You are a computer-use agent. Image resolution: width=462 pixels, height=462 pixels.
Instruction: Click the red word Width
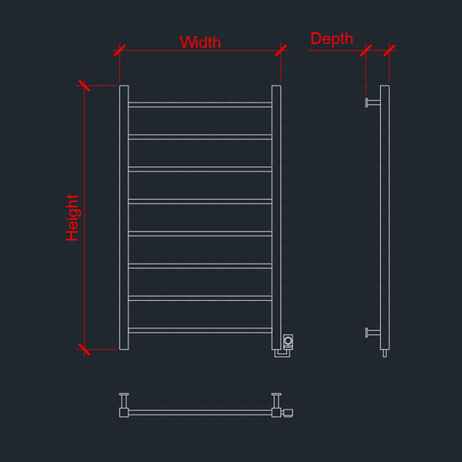click(200, 42)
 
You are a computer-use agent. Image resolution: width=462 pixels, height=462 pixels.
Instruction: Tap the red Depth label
click(332, 39)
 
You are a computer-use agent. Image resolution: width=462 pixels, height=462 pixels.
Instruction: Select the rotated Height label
click(72, 217)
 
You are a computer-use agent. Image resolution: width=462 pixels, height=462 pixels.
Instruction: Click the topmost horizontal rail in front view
click(200, 104)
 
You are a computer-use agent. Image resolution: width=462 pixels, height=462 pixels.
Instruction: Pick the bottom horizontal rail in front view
click(200, 330)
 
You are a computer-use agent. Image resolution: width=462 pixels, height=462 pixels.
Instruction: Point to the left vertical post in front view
click(124, 218)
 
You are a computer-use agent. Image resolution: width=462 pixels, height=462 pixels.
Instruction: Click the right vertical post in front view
click(277, 218)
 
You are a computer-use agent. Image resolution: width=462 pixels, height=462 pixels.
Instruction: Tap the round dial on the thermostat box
click(288, 340)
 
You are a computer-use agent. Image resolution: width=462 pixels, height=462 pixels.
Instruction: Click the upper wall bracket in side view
click(372, 103)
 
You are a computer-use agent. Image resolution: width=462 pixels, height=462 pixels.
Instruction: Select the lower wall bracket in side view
click(372, 333)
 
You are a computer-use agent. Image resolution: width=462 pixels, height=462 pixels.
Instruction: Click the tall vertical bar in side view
click(384, 218)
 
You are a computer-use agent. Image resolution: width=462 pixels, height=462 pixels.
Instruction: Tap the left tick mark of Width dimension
click(119, 50)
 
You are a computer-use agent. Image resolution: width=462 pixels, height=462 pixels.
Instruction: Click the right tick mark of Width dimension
click(281, 50)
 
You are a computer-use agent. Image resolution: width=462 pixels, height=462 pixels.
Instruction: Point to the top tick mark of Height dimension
click(84, 85)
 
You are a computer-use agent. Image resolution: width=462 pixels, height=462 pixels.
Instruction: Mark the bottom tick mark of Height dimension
click(84, 350)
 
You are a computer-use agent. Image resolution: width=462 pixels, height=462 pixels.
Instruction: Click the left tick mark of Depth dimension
click(365, 50)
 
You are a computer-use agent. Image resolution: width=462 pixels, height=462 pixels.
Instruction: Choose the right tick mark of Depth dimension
click(390, 50)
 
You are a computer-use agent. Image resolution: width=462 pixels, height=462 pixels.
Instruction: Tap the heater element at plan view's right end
click(288, 413)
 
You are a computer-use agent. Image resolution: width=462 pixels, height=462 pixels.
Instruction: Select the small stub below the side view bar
click(384, 353)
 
